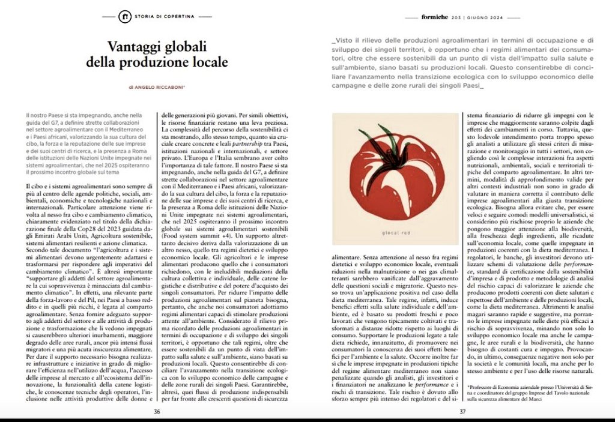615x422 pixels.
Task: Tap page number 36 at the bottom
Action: tap(157, 411)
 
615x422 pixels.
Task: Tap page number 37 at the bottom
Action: tap(462, 411)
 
